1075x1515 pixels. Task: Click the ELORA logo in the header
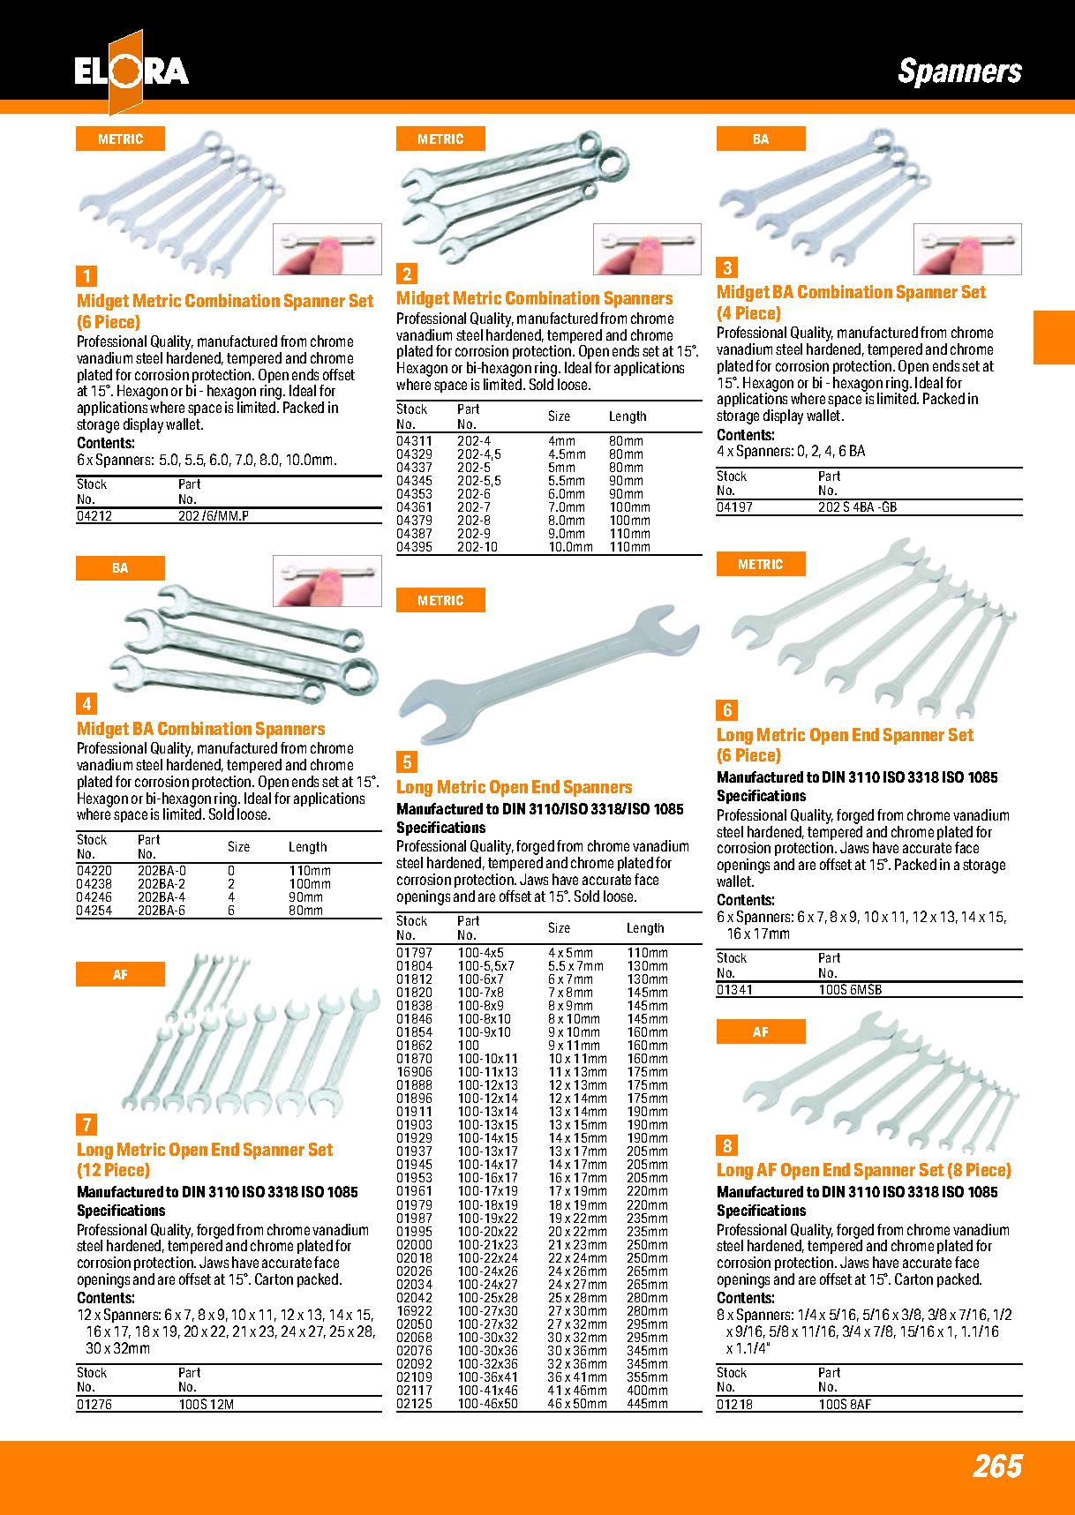click(x=131, y=71)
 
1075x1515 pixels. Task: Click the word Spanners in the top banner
click(x=959, y=71)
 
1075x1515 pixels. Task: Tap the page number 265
click(x=997, y=1466)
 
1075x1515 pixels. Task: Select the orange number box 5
click(x=407, y=762)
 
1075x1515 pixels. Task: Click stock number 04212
click(x=94, y=516)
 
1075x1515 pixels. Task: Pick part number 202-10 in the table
click(x=477, y=547)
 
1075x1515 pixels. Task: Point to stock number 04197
click(x=734, y=507)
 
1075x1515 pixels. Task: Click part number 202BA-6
click(x=162, y=911)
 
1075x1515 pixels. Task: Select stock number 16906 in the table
click(x=414, y=1072)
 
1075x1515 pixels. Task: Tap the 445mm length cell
click(x=647, y=1404)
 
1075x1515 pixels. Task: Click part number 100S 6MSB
click(x=849, y=990)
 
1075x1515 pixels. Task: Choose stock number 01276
click(x=94, y=1405)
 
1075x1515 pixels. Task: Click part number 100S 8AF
click(x=844, y=1405)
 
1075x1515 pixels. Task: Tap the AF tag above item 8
click(x=761, y=1031)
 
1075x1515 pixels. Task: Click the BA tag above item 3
click(x=761, y=139)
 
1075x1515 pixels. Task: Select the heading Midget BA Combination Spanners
click(x=201, y=729)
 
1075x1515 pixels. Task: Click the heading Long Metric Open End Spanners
click(x=514, y=787)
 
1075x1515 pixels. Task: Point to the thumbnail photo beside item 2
click(x=647, y=249)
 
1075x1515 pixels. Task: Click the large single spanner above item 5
click(x=547, y=675)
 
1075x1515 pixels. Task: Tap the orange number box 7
click(x=86, y=1125)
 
